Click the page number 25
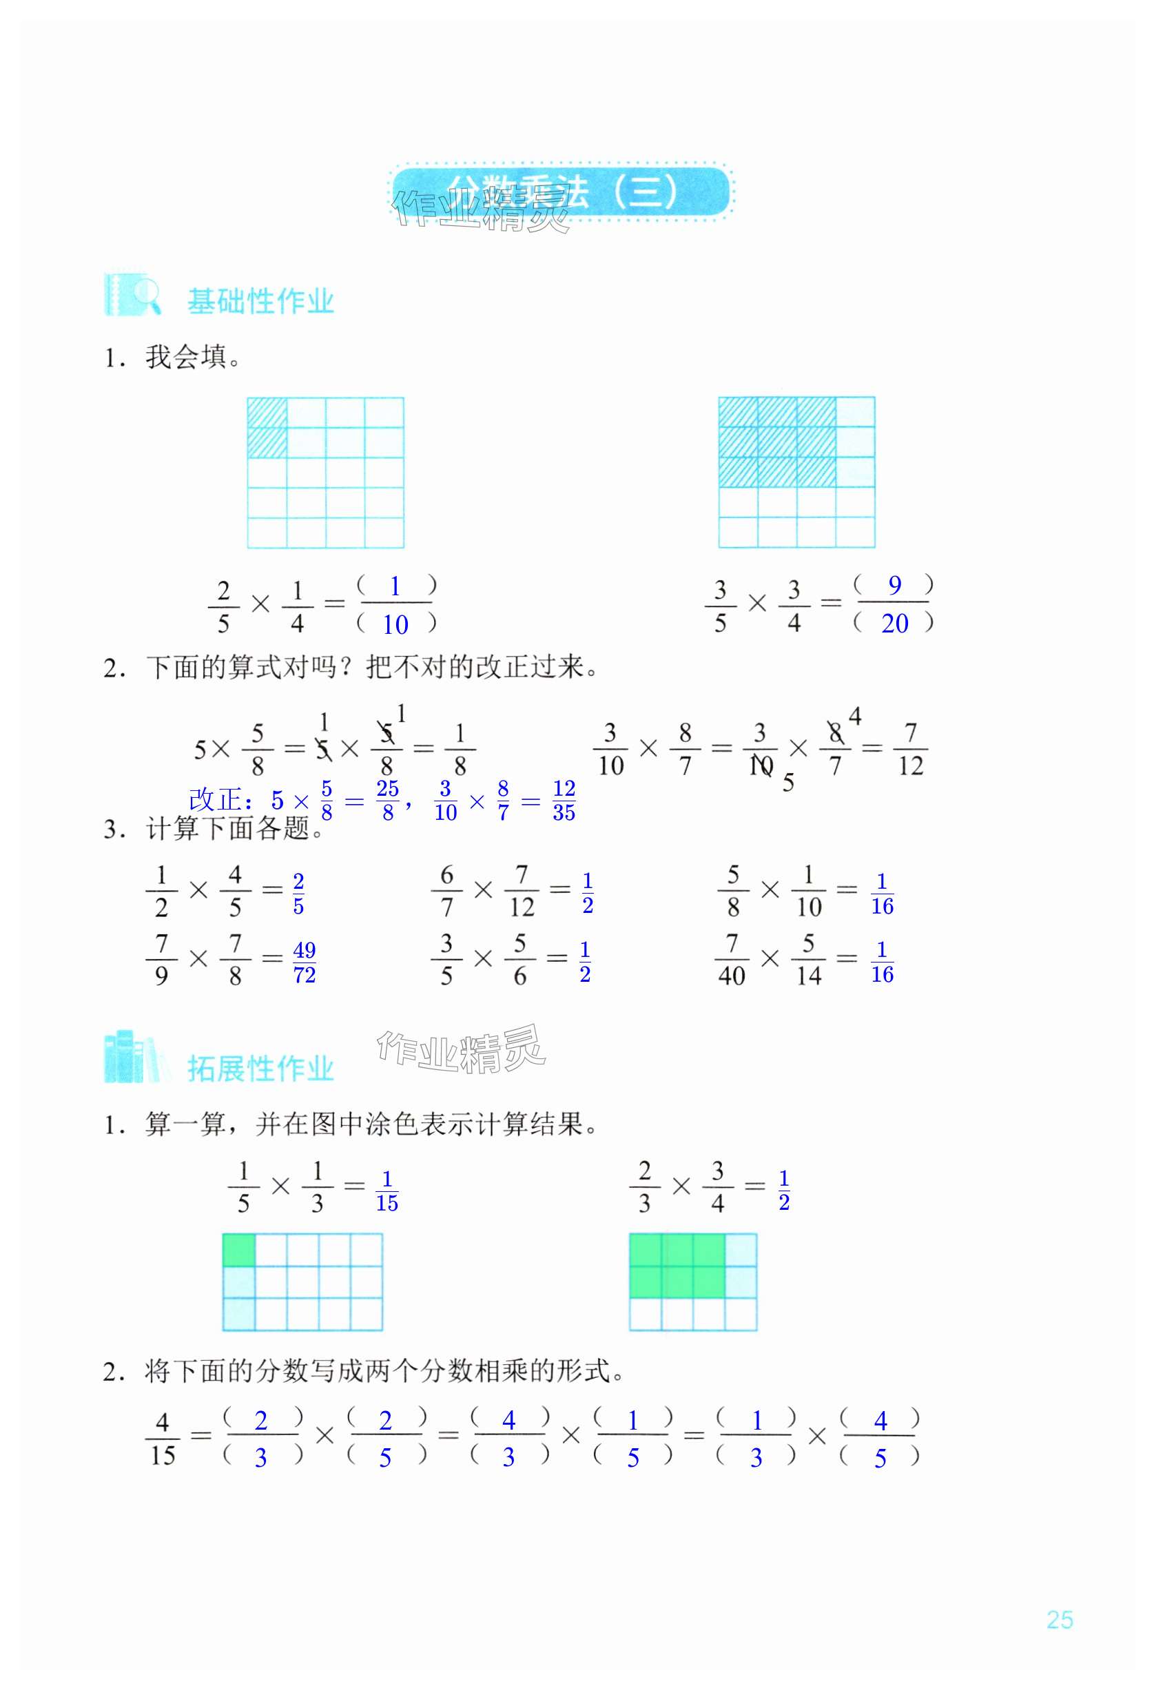[x=1060, y=1619]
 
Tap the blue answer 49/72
[x=305, y=963]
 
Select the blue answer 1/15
[x=387, y=1191]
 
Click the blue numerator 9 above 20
[x=894, y=585]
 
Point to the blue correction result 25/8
[x=387, y=801]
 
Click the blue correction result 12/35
[x=564, y=801]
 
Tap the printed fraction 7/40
[x=732, y=960]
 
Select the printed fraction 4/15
[x=163, y=1439]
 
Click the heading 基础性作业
[x=260, y=300]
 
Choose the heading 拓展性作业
[x=260, y=1069]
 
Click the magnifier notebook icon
[x=132, y=295]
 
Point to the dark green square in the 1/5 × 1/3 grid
[x=239, y=1250]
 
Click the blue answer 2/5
[x=298, y=894]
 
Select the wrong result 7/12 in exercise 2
[x=911, y=749]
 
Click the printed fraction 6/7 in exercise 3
[x=446, y=890]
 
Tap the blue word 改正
[x=216, y=801]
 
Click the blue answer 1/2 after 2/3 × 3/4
[x=783, y=1190]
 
